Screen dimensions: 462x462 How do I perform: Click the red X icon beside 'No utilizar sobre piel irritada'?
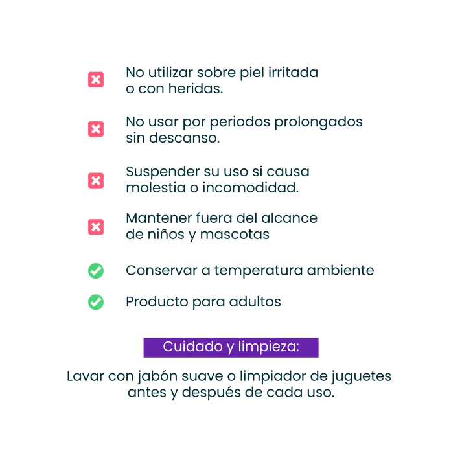(96, 80)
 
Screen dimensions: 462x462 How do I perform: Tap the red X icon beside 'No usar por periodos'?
(96, 129)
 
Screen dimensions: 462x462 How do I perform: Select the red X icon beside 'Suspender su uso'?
(96, 180)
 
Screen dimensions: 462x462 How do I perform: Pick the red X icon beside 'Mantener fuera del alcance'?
(96, 227)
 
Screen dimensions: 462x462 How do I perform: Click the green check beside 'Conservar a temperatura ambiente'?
(96, 271)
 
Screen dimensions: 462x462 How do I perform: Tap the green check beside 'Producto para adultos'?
(96, 302)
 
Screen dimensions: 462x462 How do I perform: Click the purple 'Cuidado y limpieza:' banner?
(231, 347)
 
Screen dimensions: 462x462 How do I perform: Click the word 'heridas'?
(195, 88)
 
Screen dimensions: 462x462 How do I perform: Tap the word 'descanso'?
(184, 138)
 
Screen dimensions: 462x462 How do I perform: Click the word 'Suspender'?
(163, 172)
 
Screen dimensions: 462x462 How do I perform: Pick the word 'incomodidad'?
(250, 188)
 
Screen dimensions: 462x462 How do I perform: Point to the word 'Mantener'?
(159, 218)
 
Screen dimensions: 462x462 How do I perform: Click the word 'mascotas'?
(235, 235)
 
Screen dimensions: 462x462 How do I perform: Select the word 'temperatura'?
(259, 271)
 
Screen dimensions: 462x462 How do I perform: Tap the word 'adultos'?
(255, 302)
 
